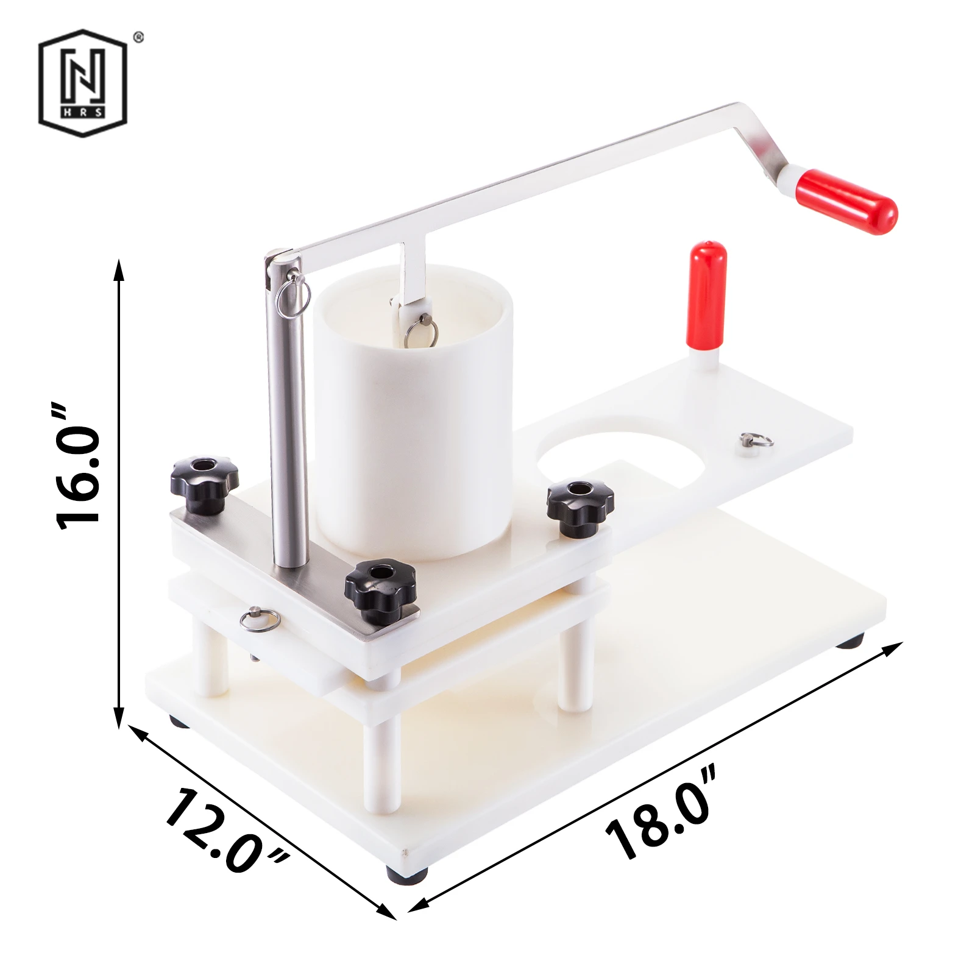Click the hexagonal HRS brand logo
click(x=83, y=83)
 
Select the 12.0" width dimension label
click(x=226, y=831)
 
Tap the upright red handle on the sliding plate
click(x=707, y=295)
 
